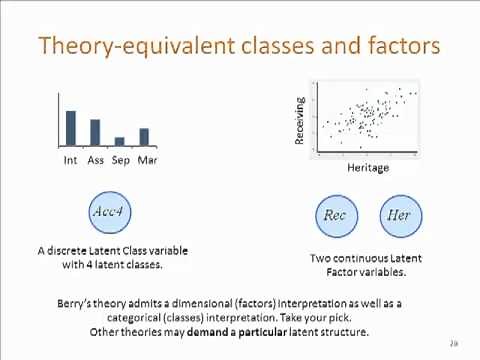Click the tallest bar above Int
pyautogui.click(x=71, y=128)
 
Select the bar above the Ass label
pyautogui.click(x=95, y=132)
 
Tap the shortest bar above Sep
pyautogui.click(x=120, y=141)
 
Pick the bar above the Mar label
pyautogui.click(x=144, y=137)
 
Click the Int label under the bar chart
pyautogui.click(x=71, y=160)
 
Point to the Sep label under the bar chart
pyautogui.click(x=121, y=160)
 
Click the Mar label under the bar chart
pyautogui.click(x=147, y=160)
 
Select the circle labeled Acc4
pyautogui.click(x=109, y=213)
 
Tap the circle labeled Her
pyautogui.click(x=397, y=215)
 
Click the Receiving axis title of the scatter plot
pyautogui.click(x=299, y=119)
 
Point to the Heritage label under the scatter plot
pyautogui.click(x=367, y=168)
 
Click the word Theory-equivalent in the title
pyautogui.click(x=112, y=45)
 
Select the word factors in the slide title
pyautogui.click(x=399, y=45)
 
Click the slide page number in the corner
pyautogui.click(x=453, y=343)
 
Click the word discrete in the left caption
pyautogui.click(x=71, y=251)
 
